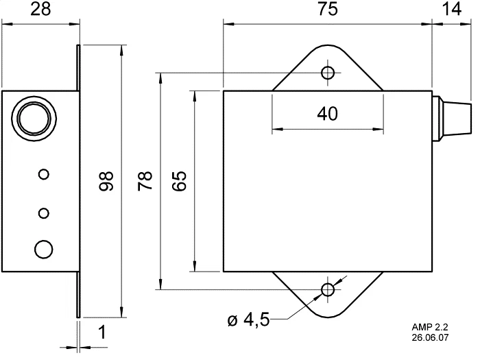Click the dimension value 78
(x=145, y=182)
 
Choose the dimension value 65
(x=179, y=182)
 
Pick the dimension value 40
(x=327, y=114)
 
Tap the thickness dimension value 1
(x=102, y=334)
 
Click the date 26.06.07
(x=431, y=338)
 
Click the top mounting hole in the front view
(x=328, y=73)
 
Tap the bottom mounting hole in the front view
(x=328, y=289)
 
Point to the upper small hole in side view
(x=44, y=174)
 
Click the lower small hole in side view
(x=44, y=213)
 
